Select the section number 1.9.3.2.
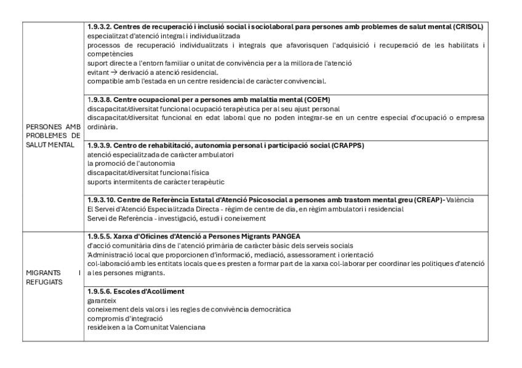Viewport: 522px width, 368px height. [98, 27]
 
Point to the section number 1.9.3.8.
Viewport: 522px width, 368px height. [98, 99]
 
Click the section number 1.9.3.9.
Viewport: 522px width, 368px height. [98, 145]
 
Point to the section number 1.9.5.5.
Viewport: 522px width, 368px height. [98, 236]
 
